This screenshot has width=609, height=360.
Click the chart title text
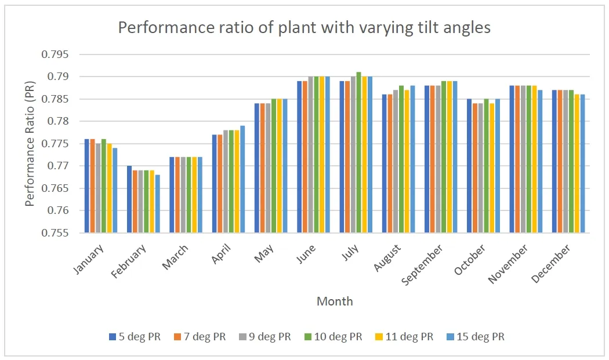click(x=304, y=28)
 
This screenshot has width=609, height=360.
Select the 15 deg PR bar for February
click(x=158, y=203)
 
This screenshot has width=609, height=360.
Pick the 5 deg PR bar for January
click(x=87, y=186)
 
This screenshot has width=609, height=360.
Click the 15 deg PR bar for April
click(x=242, y=179)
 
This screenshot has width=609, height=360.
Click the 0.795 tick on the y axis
click(x=55, y=54)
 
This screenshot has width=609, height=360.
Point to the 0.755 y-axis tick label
click(x=55, y=233)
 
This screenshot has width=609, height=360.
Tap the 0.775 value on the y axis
click(x=55, y=144)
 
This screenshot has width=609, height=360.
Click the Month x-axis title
click(x=335, y=301)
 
